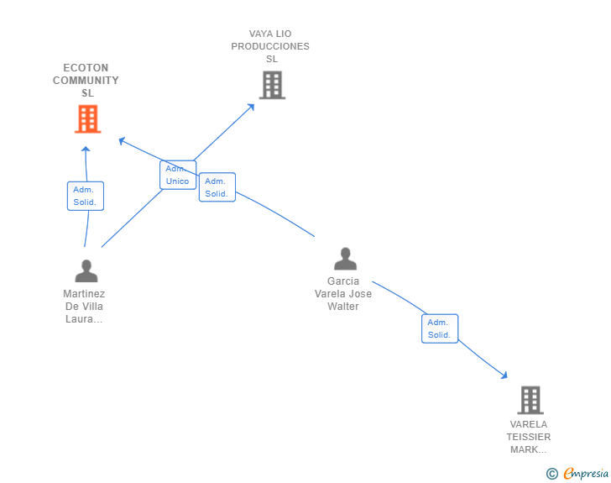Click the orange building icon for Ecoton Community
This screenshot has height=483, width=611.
point(87,119)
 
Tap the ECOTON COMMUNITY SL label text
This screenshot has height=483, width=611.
point(86,81)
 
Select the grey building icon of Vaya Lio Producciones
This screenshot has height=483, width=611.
point(272,85)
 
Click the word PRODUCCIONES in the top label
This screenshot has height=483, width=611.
point(270,46)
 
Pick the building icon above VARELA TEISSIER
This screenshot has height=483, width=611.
point(530,400)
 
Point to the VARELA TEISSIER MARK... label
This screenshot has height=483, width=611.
point(529,437)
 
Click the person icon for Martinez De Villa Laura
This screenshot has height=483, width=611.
point(86,270)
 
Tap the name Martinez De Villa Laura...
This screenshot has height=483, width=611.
point(84,307)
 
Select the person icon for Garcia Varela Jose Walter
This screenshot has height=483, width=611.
point(345,259)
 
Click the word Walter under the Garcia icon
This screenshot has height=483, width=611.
point(343,307)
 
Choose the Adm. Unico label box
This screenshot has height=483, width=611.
point(178,175)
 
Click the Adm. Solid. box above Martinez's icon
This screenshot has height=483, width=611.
point(86,196)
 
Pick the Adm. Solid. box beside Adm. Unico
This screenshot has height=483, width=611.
point(217,187)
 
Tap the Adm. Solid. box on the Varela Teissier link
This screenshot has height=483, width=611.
point(440,328)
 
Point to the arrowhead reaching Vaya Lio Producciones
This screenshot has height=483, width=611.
point(251,107)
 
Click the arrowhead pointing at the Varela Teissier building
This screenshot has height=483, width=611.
point(504,375)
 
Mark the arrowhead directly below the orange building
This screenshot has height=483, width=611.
point(85,150)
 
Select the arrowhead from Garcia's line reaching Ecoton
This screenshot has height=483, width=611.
point(123,140)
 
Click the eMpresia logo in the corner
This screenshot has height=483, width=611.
point(586,474)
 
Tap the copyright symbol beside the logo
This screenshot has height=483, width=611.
point(551,474)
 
